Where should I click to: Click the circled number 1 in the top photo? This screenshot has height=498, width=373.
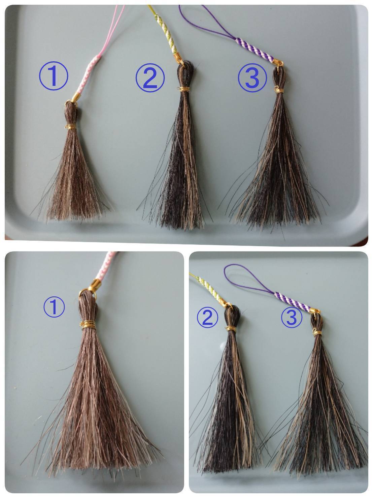pos(54,76)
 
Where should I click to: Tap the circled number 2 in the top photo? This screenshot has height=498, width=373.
pos(150,78)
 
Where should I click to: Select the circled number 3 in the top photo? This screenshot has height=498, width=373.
pos(252,78)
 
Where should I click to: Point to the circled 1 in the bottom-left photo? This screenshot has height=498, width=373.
pos(54,307)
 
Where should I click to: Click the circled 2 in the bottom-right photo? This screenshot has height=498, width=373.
pos(207,317)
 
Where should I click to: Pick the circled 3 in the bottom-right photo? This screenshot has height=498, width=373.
pos(292,317)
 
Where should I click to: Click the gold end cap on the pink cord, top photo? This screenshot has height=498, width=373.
pos(75,97)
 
